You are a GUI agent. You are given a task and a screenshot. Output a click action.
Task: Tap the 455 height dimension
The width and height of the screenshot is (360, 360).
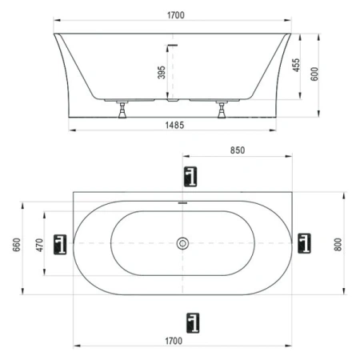297,66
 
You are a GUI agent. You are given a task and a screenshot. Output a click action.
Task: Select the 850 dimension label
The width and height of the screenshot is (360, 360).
237,150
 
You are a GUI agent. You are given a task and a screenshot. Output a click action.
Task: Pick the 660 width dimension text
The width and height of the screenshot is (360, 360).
14,244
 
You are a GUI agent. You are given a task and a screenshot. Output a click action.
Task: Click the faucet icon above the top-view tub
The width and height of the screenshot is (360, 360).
190,176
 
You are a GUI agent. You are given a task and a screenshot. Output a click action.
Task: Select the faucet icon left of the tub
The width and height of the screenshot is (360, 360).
59,243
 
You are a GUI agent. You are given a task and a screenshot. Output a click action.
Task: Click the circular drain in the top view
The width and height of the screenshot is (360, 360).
183,243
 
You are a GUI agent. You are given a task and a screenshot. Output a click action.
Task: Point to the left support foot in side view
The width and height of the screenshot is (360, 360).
122,110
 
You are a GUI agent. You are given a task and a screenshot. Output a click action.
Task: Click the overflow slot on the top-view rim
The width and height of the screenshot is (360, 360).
183,202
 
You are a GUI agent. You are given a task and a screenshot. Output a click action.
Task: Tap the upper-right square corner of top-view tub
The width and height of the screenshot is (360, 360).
291,193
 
